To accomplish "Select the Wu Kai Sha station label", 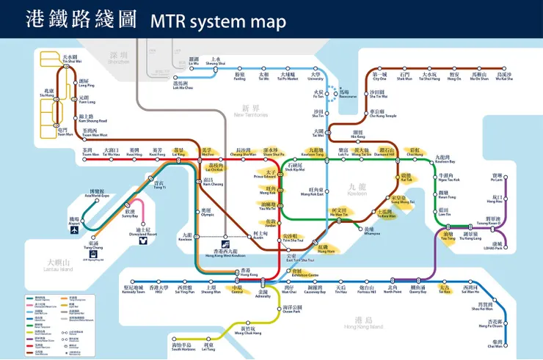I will click(x=503, y=76).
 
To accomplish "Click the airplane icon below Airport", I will click(x=75, y=230).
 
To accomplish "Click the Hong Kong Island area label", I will click(x=358, y=322).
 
